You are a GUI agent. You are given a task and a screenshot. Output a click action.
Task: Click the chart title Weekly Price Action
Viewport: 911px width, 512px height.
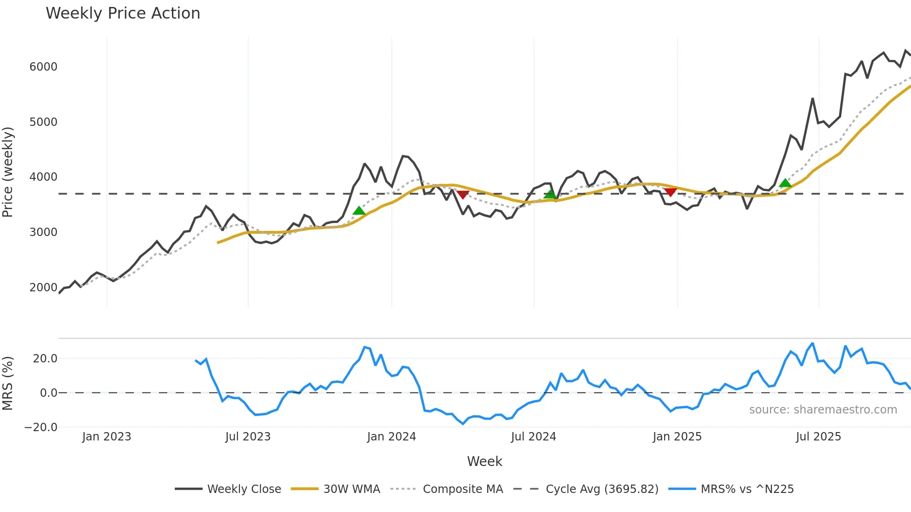click(x=123, y=13)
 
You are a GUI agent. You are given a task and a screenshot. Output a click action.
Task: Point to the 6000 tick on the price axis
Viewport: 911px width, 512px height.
click(x=43, y=67)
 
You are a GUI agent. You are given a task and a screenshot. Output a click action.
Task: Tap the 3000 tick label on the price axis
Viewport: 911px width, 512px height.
click(x=43, y=232)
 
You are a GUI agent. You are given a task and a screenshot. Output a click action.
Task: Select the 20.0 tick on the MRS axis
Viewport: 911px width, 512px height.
click(x=45, y=359)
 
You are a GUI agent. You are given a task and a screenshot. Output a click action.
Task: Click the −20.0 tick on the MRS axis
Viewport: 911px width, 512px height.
click(x=41, y=427)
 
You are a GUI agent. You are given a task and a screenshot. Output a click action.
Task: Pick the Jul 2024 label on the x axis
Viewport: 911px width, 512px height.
click(x=533, y=437)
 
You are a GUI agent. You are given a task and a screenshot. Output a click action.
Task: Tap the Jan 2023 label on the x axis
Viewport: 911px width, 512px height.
click(x=106, y=437)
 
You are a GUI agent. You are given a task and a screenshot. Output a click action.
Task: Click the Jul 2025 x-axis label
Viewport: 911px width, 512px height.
click(x=818, y=437)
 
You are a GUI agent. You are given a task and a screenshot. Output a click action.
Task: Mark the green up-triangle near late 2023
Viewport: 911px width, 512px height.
click(x=359, y=211)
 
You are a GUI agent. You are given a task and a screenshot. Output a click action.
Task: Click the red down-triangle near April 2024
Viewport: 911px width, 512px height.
click(x=463, y=194)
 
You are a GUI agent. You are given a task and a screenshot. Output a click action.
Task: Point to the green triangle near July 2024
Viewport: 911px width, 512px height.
click(x=550, y=194)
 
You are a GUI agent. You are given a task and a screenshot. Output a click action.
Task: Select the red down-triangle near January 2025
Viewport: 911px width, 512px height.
click(x=670, y=192)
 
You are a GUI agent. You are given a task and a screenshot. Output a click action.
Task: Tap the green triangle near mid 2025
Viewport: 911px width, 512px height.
click(x=785, y=183)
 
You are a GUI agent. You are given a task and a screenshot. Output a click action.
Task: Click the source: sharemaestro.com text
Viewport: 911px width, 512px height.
click(x=823, y=410)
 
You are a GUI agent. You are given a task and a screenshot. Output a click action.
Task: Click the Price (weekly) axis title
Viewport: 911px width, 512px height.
click(x=8, y=172)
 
